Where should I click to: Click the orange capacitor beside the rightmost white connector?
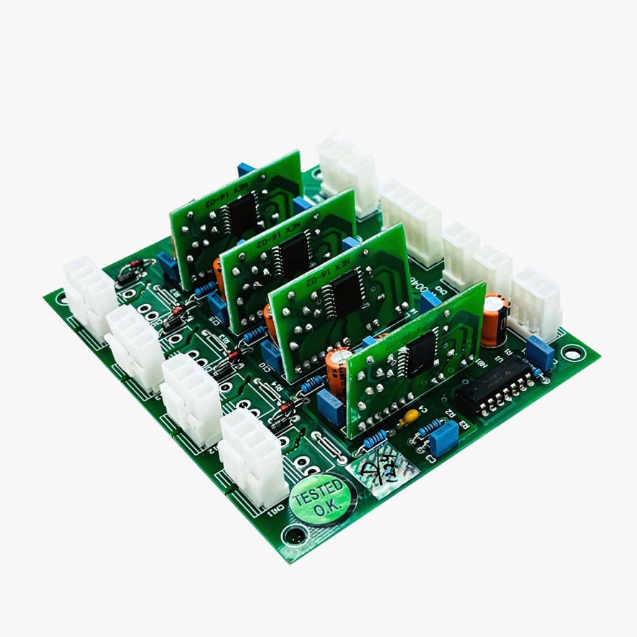pyautogui.click(x=494, y=320)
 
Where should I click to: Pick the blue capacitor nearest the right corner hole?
pyautogui.click(x=539, y=353)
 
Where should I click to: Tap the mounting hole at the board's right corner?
pyautogui.click(x=572, y=353)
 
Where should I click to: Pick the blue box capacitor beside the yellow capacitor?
pyautogui.click(x=443, y=437)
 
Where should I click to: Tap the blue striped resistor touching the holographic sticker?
pyautogui.click(x=375, y=439)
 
